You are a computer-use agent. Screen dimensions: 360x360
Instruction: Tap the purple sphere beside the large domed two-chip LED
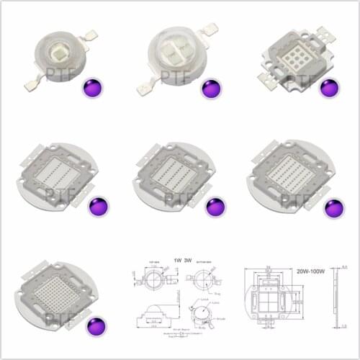[x=210, y=89]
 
